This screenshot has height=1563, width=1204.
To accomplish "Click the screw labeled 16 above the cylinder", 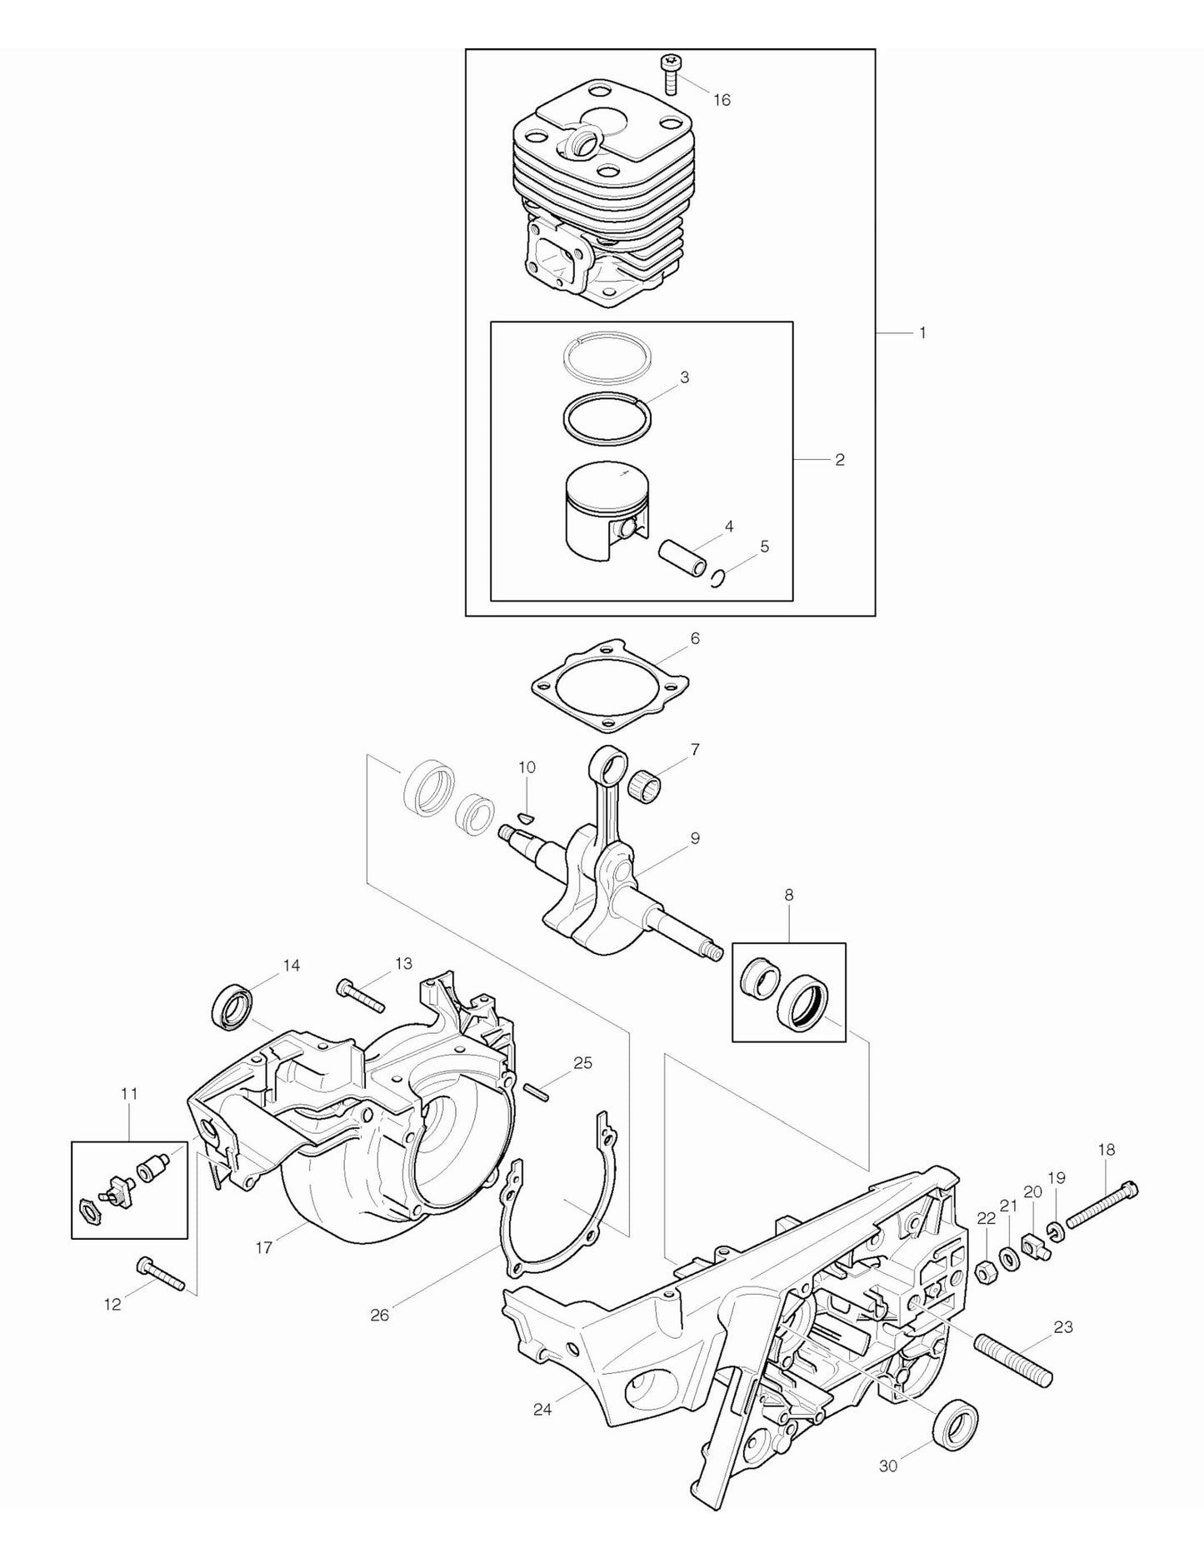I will pyautogui.click(x=670, y=72).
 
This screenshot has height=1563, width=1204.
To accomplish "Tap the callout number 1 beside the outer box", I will pyautogui.click(x=922, y=332).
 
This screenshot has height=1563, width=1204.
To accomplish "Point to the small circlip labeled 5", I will pyautogui.click(x=719, y=577).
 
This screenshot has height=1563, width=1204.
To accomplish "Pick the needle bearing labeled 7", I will pyautogui.click(x=647, y=786).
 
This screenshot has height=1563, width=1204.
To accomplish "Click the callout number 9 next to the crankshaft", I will pyautogui.click(x=694, y=838).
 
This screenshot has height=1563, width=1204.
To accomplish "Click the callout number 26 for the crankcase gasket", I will pyautogui.click(x=379, y=1316).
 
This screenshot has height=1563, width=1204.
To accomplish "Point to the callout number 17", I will pyautogui.click(x=264, y=1248).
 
